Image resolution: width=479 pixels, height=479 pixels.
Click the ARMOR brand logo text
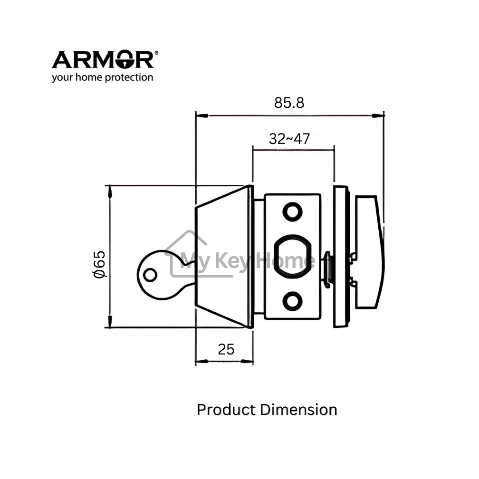[102, 60]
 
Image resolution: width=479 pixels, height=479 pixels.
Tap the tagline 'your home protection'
[102, 77]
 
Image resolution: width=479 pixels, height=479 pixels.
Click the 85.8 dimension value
[289, 103]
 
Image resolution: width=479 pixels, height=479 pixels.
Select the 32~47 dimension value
[289, 139]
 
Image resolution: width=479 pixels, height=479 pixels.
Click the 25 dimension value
[226, 349]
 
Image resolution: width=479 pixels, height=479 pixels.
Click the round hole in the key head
[150, 274]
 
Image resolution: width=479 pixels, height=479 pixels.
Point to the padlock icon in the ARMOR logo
[125, 60]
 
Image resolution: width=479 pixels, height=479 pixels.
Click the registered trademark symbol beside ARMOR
[157, 54]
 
